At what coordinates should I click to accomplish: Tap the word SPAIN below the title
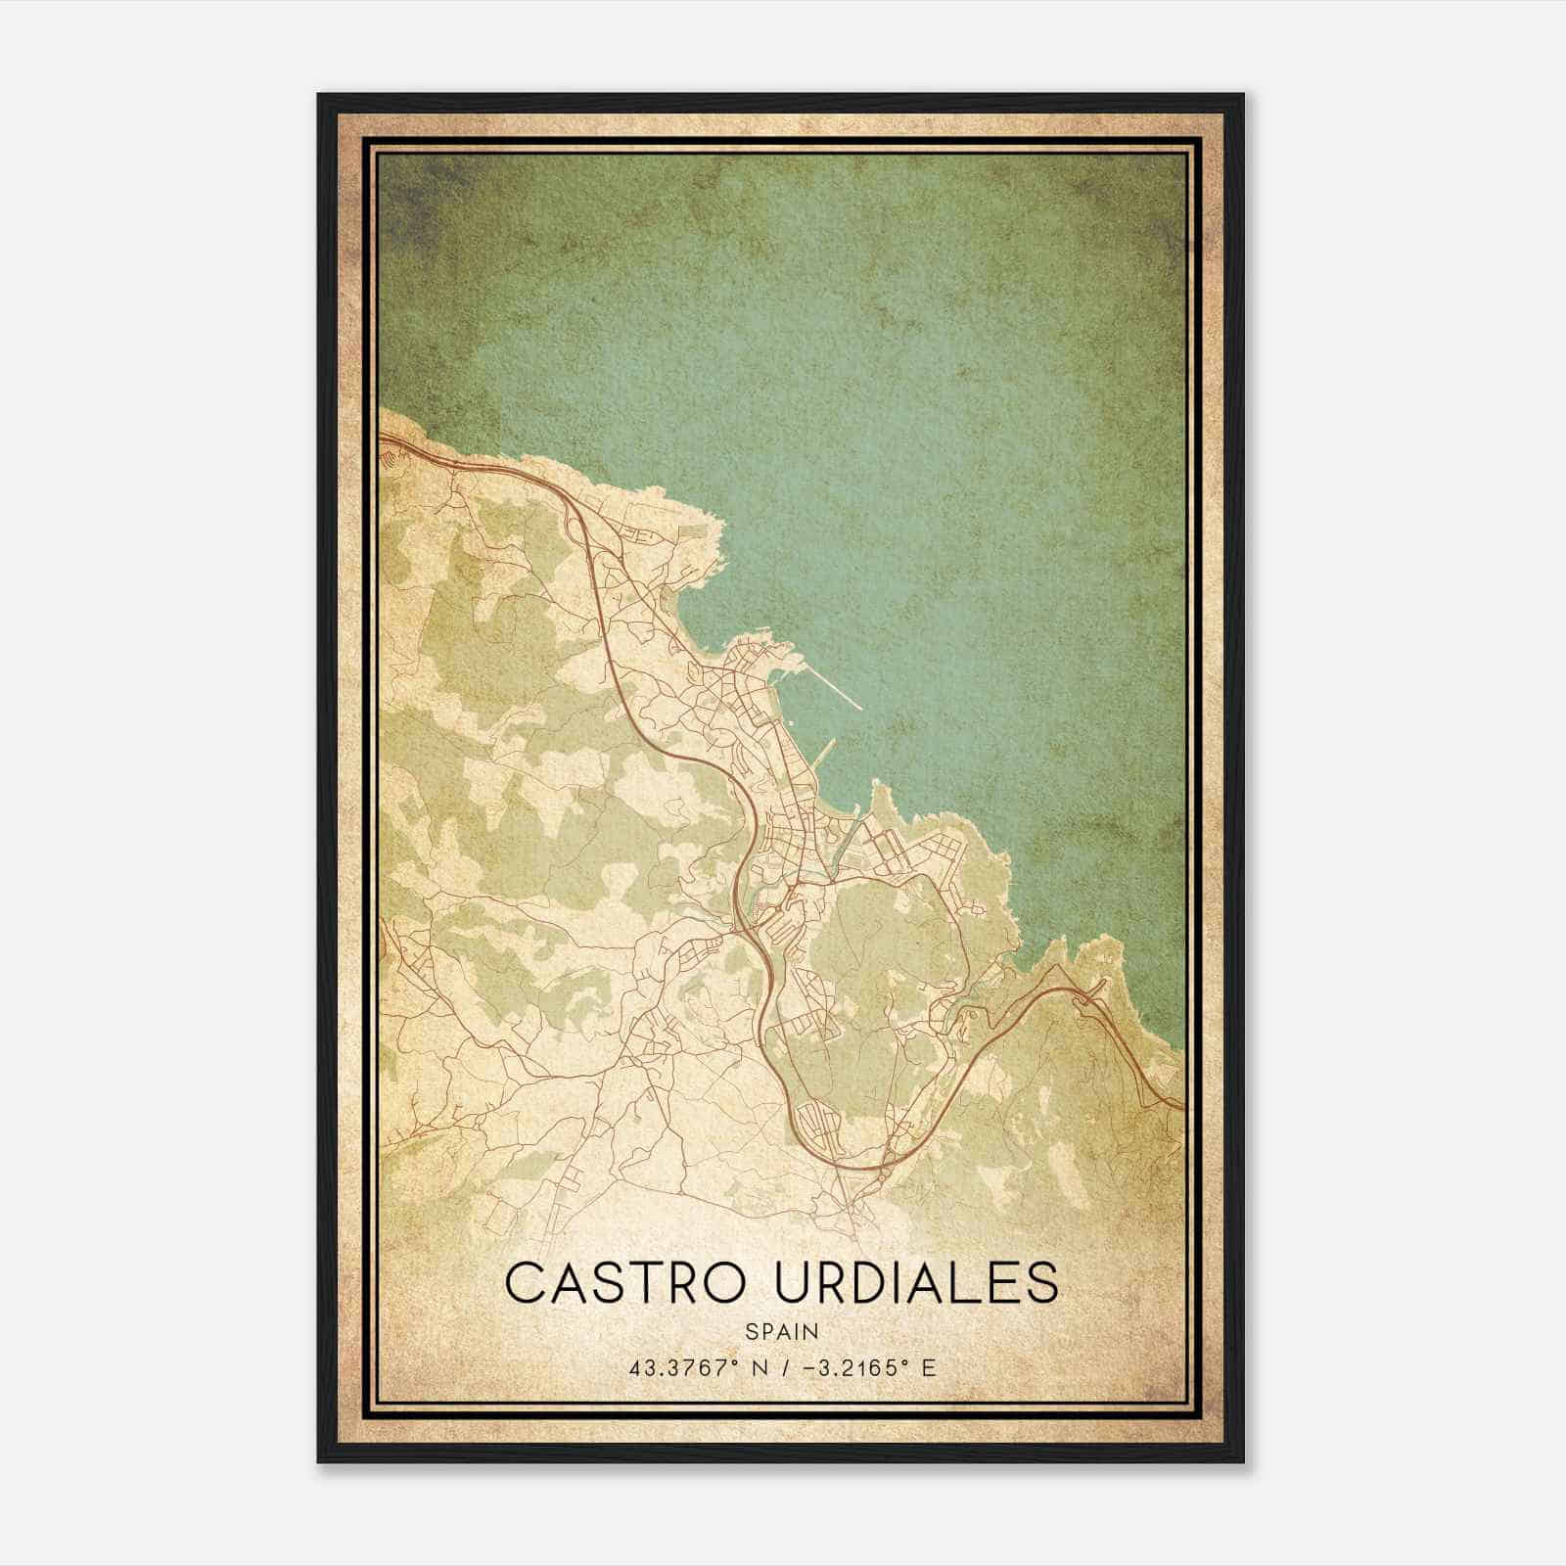pyautogui.click(x=782, y=1332)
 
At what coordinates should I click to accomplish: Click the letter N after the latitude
pyautogui.click(x=755, y=1367)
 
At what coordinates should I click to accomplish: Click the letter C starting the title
pyautogui.click(x=526, y=1282)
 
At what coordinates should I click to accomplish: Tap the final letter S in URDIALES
pyautogui.click(x=1044, y=1282)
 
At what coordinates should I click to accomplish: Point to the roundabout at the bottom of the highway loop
pyautogui.click(x=884, y=1167)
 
